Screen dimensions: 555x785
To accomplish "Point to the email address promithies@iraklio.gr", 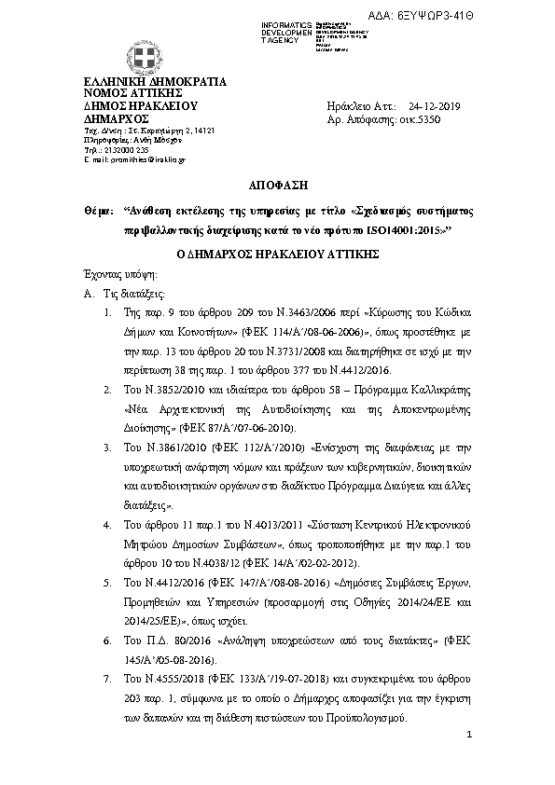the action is pyautogui.click(x=148, y=159).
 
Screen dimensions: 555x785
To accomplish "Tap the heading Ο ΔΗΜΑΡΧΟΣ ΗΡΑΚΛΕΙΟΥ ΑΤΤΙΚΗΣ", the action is pyautogui.click(x=276, y=254).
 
